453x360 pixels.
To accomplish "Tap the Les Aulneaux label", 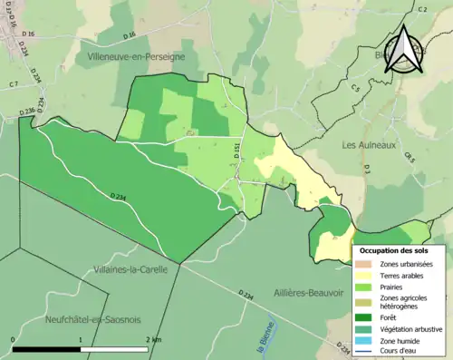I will coord(366,144).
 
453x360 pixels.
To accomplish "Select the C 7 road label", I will coord(14,84).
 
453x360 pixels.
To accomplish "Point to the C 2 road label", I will coord(422,9).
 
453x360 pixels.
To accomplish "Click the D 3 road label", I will coord(367,169).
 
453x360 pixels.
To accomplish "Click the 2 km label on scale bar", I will coord(154,339).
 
